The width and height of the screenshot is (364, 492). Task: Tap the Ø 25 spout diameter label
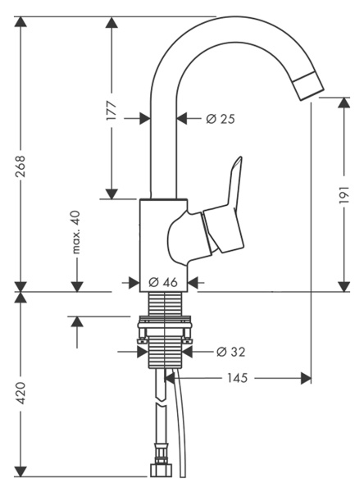pos(221,119)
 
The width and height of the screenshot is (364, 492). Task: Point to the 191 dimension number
pos(344,194)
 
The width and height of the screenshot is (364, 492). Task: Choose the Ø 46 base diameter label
pos(164,281)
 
